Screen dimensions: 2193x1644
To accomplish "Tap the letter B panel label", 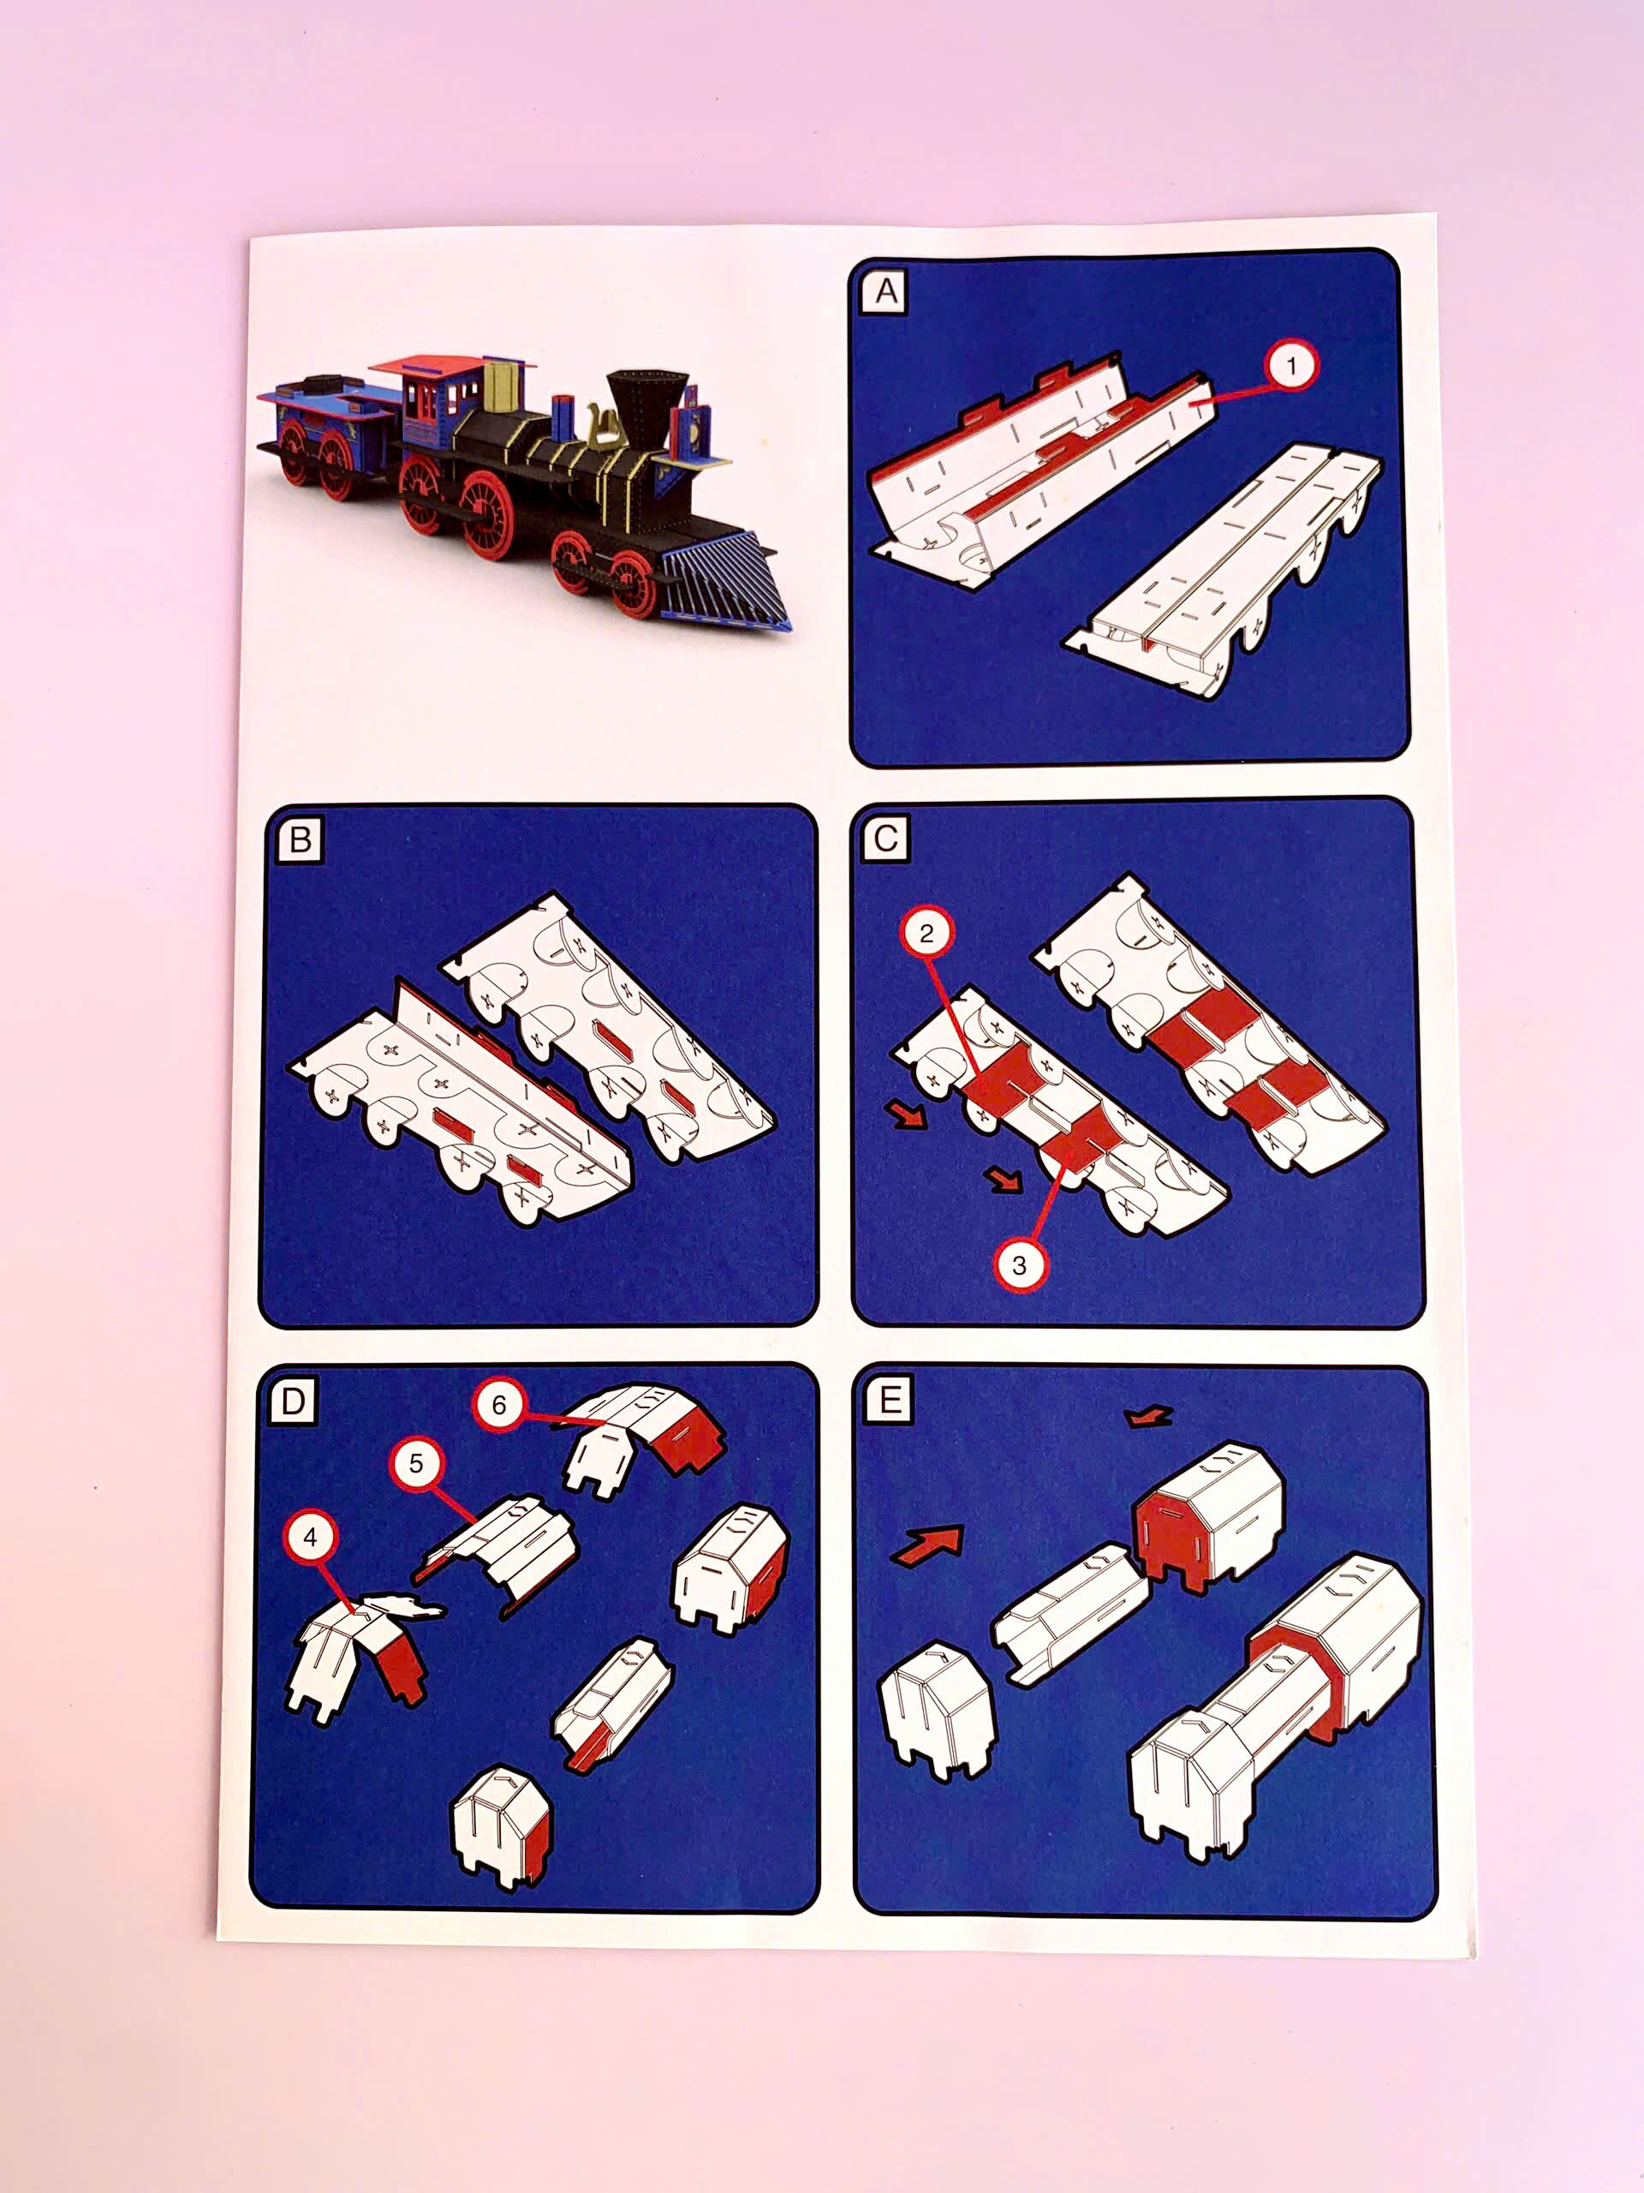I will tap(300, 840).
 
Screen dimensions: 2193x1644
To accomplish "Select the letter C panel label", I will tap(885, 839).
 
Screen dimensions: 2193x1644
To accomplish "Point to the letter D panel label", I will tap(294, 1401).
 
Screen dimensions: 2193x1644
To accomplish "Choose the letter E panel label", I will tap(889, 1400).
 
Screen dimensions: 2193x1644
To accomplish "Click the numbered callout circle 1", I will tap(1290, 367).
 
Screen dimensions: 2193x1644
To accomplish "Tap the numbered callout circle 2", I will tap(926, 933).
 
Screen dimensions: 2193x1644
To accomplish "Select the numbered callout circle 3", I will tap(1019, 1265).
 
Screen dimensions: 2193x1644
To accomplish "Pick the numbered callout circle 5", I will tap(415, 1463).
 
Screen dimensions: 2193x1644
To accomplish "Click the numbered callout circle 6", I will tap(498, 1405).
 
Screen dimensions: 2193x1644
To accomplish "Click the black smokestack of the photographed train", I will tap(649, 402).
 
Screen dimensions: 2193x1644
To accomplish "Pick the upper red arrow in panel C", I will tap(908, 1117).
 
